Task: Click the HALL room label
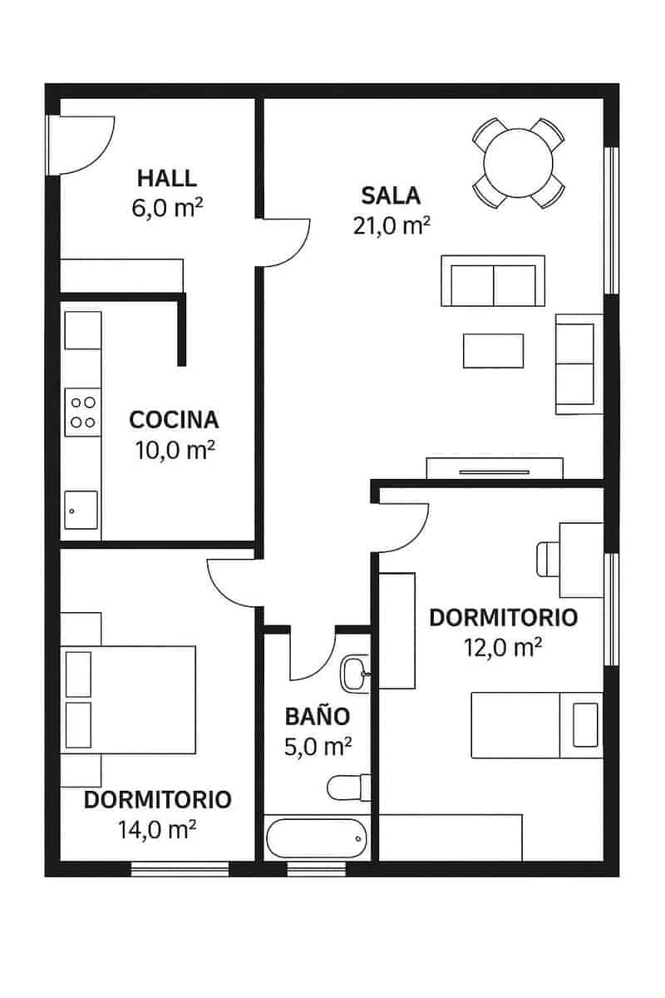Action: [x=167, y=178]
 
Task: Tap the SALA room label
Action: [x=391, y=195]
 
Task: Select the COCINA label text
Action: [x=174, y=419]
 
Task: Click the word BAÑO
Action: [x=317, y=716]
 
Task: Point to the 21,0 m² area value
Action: [x=391, y=225]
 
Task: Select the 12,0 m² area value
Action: [x=503, y=648]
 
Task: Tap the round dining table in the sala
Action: [x=519, y=162]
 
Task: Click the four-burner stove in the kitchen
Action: [x=82, y=412]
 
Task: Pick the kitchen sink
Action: [x=81, y=510]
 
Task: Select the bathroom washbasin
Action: [x=356, y=672]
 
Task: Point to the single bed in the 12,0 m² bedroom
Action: [x=536, y=724]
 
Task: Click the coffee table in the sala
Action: [x=493, y=350]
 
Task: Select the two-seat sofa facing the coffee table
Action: [x=492, y=281]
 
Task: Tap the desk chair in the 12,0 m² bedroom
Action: [x=549, y=559]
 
